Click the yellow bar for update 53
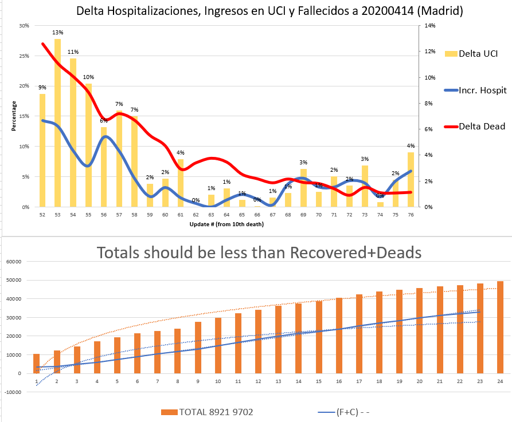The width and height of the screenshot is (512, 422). point(58,123)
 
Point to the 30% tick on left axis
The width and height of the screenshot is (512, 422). point(24,26)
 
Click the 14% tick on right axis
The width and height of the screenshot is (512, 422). point(429,26)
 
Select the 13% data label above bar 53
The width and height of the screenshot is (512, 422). point(58,33)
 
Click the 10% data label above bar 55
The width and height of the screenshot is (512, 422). point(88,77)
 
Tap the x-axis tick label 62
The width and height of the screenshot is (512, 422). point(196,214)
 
